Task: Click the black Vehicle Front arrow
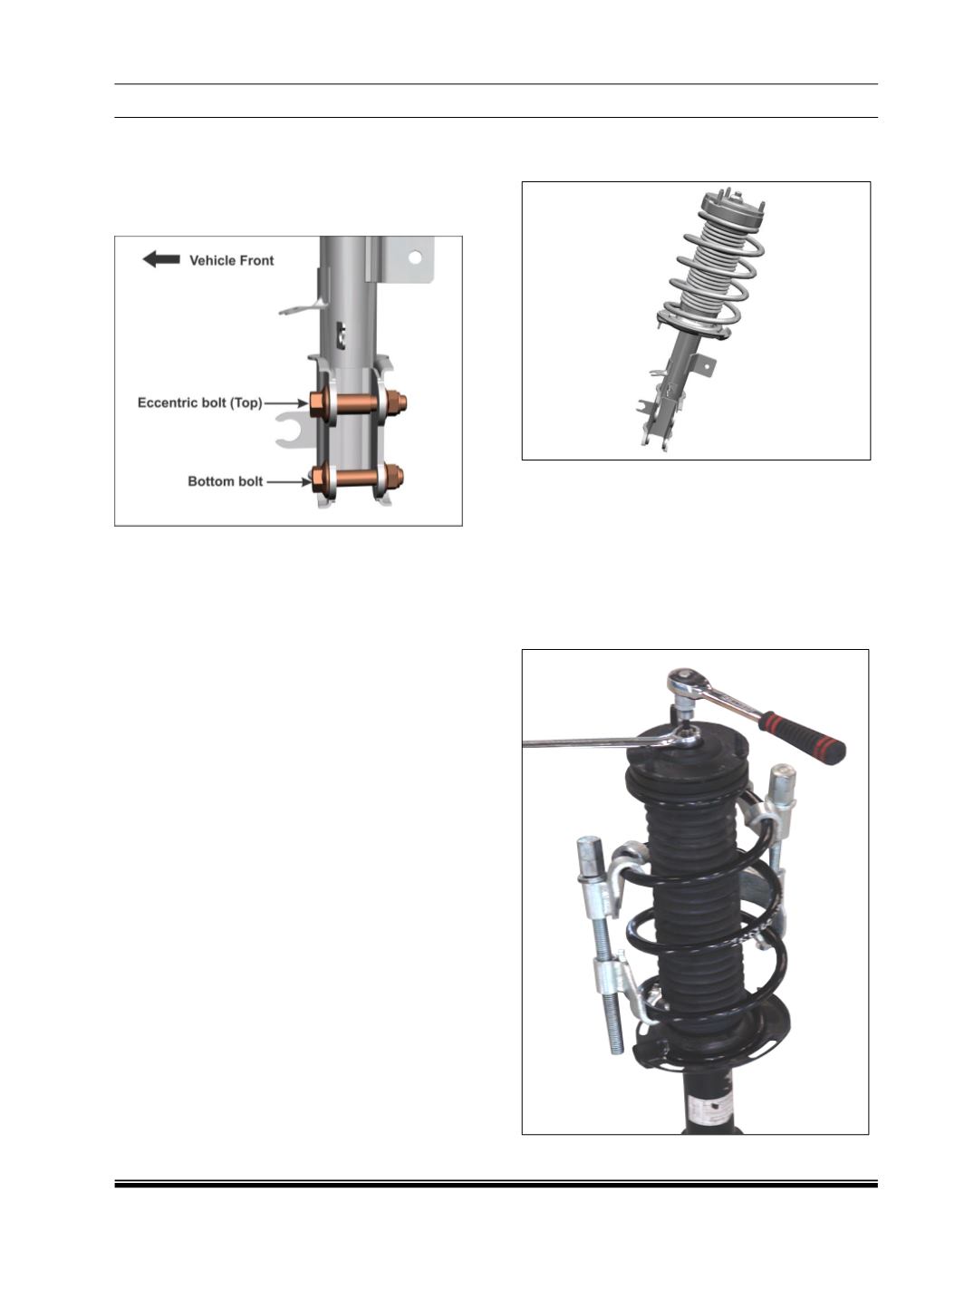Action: coord(161,259)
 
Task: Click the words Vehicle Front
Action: coord(232,260)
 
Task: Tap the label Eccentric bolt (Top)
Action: coord(200,402)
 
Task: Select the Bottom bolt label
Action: coord(226,481)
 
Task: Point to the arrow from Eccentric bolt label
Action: coord(286,403)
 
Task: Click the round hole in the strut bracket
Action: coord(415,257)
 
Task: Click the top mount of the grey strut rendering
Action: coord(731,211)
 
